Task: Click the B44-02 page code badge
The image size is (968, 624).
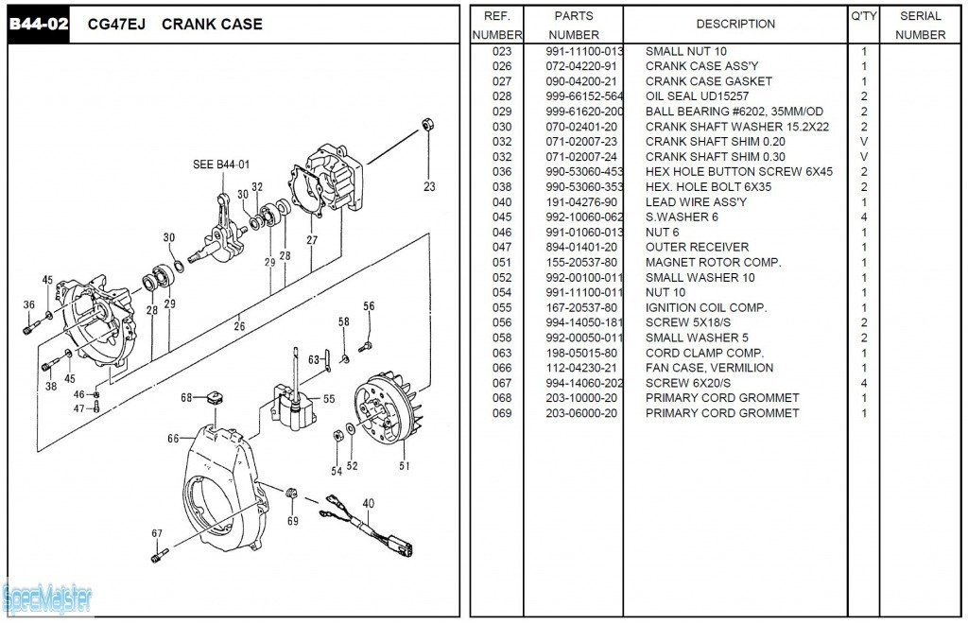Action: pyautogui.click(x=39, y=25)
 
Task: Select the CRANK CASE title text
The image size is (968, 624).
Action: pyautogui.click(x=212, y=25)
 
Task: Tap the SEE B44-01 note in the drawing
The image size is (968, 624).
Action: pyautogui.click(x=220, y=165)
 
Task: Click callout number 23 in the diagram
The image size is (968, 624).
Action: pyautogui.click(x=429, y=187)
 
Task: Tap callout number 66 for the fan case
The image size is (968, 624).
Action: pyautogui.click(x=173, y=439)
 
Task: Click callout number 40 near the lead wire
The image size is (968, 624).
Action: pyautogui.click(x=368, y=503)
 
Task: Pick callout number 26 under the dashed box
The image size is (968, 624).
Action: pyautogui.click(x=239, y=327)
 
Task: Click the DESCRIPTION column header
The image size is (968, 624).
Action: pyautogui.click(x=735, y=24)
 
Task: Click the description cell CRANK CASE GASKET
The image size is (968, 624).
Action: pyautogui.click(x=708, y=81)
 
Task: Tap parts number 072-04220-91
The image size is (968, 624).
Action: pyautogui.click(x=580, y=66)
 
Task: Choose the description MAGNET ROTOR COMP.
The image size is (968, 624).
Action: pyautogui.click(x=713, y=262)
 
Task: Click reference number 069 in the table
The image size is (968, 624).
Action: pyautogui.click(x=501, y=413)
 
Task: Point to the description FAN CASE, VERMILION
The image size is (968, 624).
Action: pyautogui.click(x=709, y=368)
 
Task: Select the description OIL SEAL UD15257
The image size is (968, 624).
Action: pyautogui.click(x=697, y=96)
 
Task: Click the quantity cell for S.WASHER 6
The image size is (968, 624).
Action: pyautogui.click(x=863, y=217)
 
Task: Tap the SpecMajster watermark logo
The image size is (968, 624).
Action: pyautogui.click(x=47, y=598)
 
